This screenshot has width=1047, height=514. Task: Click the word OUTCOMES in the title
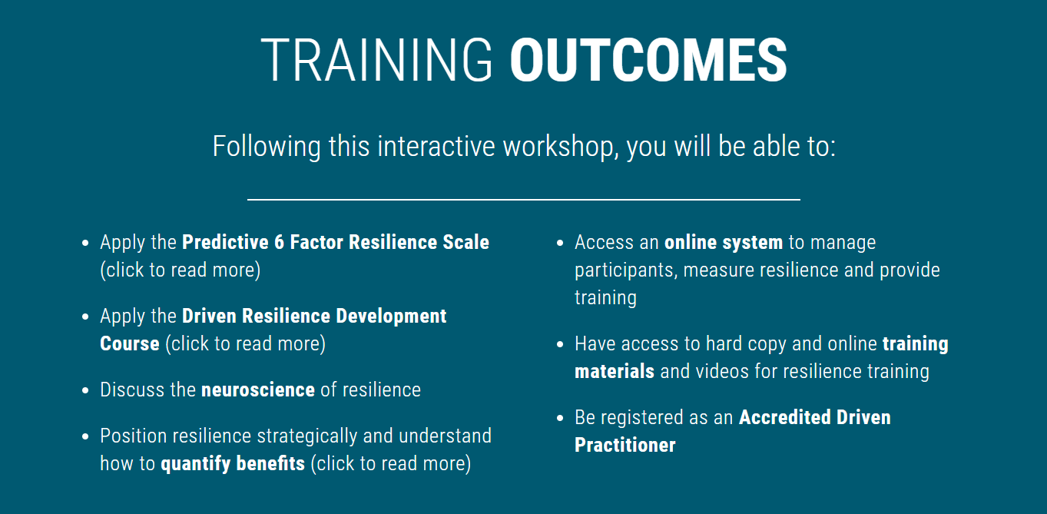649,61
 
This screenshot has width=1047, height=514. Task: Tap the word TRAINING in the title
376,61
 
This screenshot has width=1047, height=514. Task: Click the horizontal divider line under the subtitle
524,200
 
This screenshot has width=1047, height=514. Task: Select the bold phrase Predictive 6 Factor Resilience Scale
336,242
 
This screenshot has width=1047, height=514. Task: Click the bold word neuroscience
258,390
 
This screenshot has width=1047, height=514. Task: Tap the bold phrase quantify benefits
233,464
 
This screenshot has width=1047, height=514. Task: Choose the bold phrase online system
724,243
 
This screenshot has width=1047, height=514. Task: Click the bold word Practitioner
625,445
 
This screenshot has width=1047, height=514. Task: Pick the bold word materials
615,371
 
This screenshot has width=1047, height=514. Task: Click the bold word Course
130,343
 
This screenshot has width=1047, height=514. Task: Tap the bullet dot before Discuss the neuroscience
85,390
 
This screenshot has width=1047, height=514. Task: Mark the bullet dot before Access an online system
560,244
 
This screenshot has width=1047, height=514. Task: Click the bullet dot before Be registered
560,418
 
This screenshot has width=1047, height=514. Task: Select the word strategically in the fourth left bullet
307,436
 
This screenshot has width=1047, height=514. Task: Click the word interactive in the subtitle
436,147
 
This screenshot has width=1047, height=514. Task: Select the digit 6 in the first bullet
279,242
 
